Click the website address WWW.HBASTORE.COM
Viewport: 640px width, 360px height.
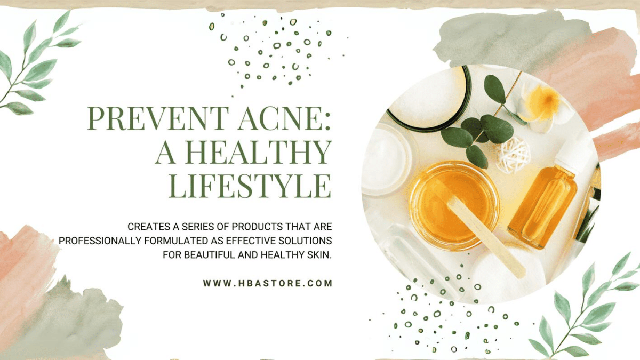[268, 283]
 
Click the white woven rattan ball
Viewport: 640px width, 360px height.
[513, 155]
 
